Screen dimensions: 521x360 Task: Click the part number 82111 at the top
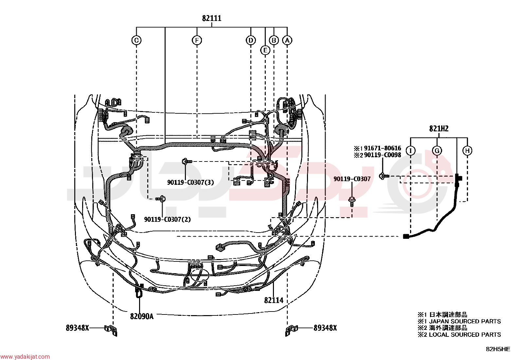point(211,18)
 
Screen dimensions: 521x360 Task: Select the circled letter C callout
point(136,40)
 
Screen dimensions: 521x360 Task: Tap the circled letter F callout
point(197,40)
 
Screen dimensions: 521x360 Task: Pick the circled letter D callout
point(250,40)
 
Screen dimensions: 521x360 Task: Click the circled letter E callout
point(265,50)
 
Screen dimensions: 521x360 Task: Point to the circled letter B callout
point(274,40)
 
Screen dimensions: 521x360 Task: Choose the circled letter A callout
point(287,40)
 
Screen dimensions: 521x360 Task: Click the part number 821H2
point(439,128)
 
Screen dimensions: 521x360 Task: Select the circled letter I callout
point(410,151)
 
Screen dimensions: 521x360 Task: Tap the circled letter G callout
point(437,151)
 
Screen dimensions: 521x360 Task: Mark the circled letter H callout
point(467,151)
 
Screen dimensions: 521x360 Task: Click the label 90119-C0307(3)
point(190,182)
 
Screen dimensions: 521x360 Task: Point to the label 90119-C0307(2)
point(168,219)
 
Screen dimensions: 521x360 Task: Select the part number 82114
point(274,300)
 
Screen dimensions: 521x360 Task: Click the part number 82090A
point(142,316)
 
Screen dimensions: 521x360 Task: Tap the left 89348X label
point(78,328)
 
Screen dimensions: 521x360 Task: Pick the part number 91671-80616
point(383,148)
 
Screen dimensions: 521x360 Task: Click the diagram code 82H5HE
point(498,349)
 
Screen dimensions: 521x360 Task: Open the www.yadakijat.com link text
point(25,356)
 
